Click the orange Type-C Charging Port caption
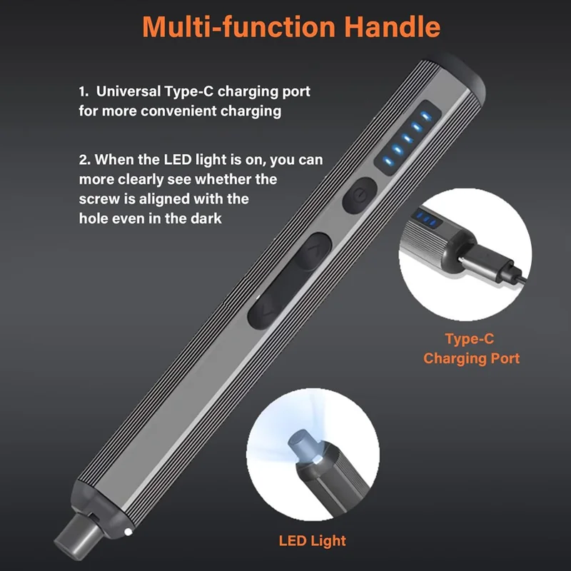[471, 349]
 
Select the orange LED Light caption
[313, 540]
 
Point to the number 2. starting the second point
[85, 159]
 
